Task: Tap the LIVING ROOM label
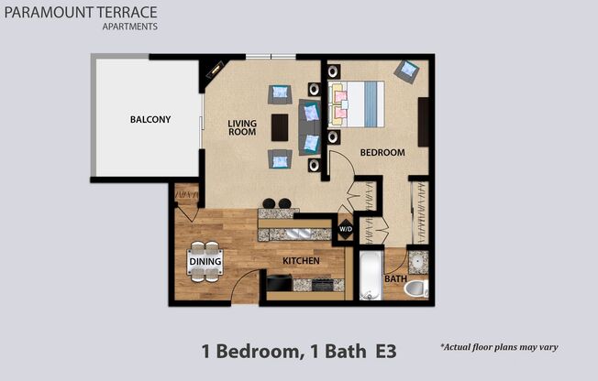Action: coord(243,127)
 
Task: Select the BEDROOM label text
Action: coord(382,153)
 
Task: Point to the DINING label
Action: coord(205,262)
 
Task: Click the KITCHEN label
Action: coord(301,261)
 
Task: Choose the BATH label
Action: coord(395,278)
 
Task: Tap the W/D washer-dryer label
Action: coord(346,229)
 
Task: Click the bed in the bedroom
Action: coord(357,103)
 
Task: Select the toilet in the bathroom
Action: coord(415,289)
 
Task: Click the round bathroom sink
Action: coord(416,262)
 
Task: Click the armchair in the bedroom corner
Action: coord(406,70)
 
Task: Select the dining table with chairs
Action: coord(205,262)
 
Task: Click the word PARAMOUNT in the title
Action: coord(48,12)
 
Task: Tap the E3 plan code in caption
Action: coord(384,350)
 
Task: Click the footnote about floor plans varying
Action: coord(499,347)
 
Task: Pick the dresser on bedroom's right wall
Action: coord(423,121)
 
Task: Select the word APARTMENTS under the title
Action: coord(129,27)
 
